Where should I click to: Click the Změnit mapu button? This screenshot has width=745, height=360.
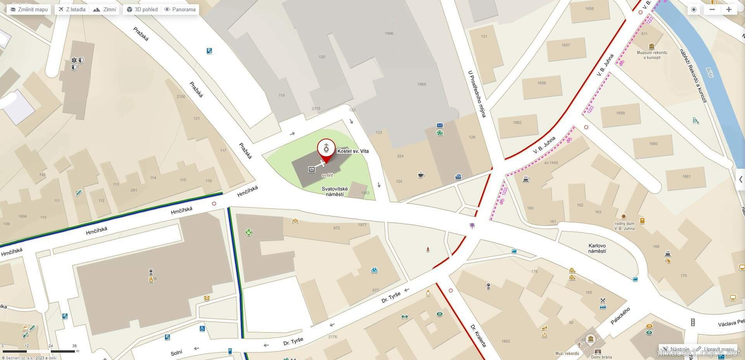click(29, 9)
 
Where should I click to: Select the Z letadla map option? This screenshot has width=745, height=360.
click(72, 9)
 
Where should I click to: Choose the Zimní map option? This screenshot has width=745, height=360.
click(105, 9)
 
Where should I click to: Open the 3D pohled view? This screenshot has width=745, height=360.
click(142, 9)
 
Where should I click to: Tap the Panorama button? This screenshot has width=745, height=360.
click(180, 9)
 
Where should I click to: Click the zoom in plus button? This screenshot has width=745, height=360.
click(729, 10)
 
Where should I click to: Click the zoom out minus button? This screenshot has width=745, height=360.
click(712, 10)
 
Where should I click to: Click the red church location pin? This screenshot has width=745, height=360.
click(326, 150)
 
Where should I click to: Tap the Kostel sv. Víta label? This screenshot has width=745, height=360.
click(353, 151)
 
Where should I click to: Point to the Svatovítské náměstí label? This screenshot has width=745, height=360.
click(334, 192)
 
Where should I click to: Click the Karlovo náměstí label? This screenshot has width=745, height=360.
click(597, 248)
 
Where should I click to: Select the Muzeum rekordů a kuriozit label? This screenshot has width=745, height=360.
click(652, 55)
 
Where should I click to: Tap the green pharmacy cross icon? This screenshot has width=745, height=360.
click(248, 233)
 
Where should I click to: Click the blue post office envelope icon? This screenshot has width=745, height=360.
click(440, 125)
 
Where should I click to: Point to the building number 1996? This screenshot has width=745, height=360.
click(389, 34)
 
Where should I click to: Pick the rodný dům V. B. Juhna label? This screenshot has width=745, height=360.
click(624, 226)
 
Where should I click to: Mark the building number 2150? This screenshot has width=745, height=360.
click(181, 97)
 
